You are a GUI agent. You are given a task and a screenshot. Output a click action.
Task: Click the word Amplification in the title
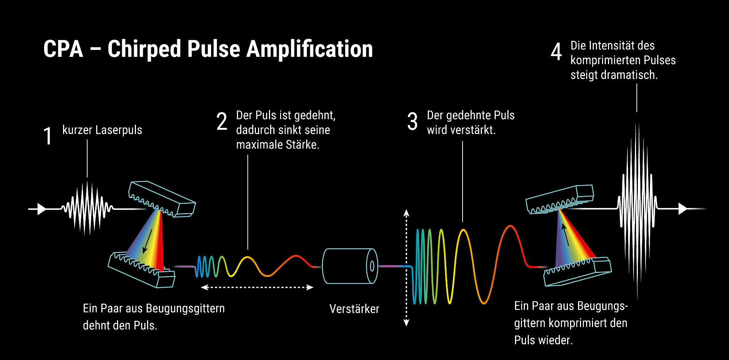pyautogui.click(x=309, y=49)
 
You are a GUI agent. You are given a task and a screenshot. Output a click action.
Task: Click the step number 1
pyautogui.click(x=48, y=136)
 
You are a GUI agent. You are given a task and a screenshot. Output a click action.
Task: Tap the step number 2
pyautogui.click(x=222, y=121)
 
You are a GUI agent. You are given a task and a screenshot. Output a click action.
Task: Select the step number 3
pyautogui.click(x=412, y=121)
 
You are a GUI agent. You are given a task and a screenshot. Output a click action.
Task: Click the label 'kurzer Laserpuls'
pyautogui.click(x=102, y=130)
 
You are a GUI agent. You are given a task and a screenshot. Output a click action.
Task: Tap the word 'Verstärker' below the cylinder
pyautogui.click(x=354, y=309)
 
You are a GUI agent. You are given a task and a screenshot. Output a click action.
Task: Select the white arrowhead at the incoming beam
pyautogui.click(x=42, y=209)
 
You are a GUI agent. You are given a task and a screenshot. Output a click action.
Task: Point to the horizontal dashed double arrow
pyautogui.click(x=257, y=287)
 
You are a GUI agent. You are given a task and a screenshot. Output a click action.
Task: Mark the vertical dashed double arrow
pyautogui.click(x=406, y=268)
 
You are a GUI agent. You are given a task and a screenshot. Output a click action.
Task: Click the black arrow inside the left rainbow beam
pyautogui.click(x=148, y=240)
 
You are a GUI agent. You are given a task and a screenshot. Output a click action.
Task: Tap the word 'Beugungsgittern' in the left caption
pyautogui.click(x=185, y=309)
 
